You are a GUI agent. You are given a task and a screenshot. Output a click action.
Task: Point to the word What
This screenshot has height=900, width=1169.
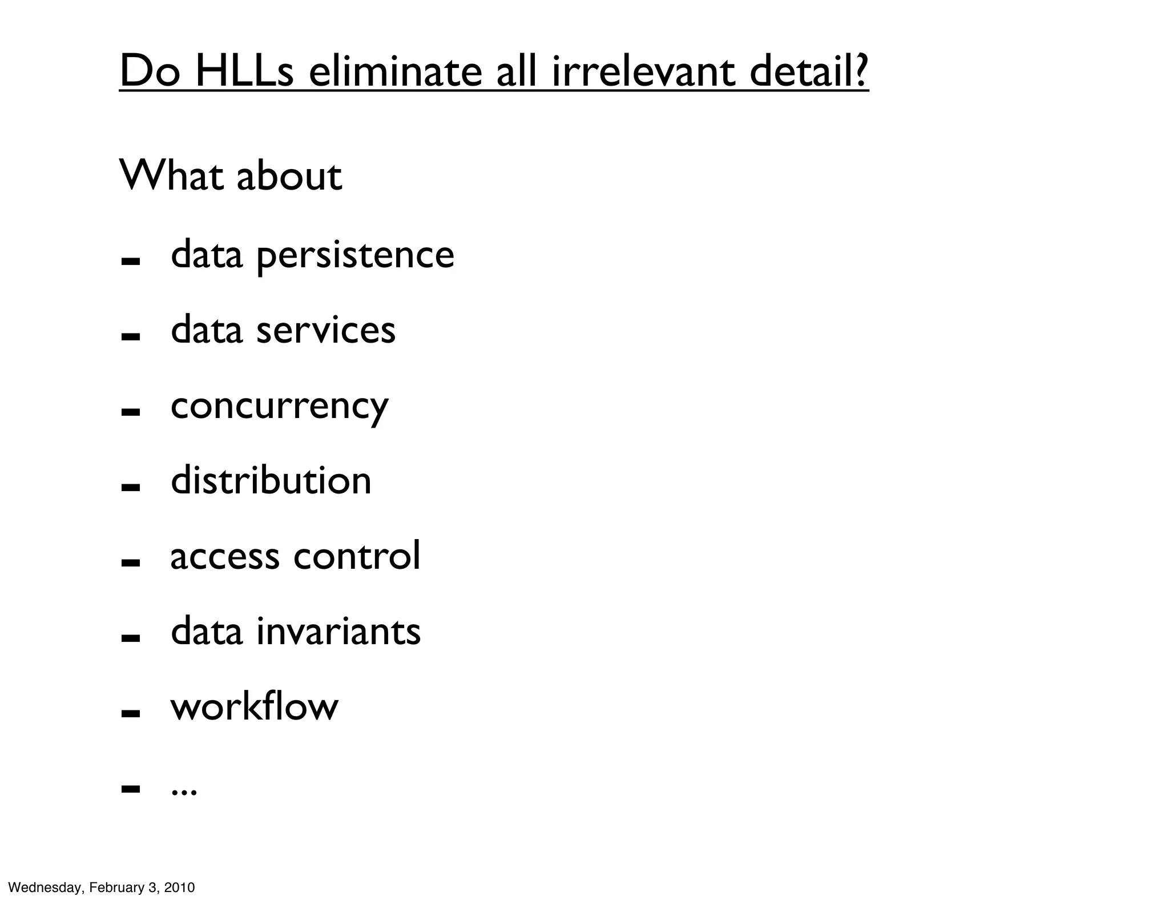pyautogui.click(x=171, y=175)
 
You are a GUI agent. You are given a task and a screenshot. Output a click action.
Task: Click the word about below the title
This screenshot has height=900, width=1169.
pyautogui.click(x=289, y=175)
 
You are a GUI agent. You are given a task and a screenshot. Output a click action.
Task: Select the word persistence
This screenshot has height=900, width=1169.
pyautogui.click(x=355, y=255)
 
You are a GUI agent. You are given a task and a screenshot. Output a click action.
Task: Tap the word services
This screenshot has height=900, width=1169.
pyautogui.click(x=325, y=330)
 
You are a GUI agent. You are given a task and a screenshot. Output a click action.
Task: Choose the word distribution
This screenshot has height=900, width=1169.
pyautogui.click(x=271, y=480)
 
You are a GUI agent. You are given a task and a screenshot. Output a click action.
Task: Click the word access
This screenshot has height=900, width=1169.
pyautogui.click(x=225, y=556)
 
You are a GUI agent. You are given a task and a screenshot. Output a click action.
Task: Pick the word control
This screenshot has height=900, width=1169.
pyautogui.click(x=357, y=555)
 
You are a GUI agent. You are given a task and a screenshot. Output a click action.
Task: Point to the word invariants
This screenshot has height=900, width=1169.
pyautogui.click(x=338, y=631)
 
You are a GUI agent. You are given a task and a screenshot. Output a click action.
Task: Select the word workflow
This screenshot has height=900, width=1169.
pyautogui.click(x=255, y=706)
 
